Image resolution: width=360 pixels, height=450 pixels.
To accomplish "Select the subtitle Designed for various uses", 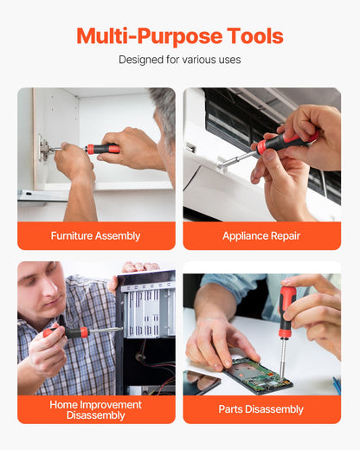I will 179,61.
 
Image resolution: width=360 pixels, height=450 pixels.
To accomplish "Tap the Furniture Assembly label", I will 95,235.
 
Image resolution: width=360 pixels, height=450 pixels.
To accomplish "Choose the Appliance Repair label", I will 261,235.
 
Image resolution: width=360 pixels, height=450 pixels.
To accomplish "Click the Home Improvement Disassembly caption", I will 95,409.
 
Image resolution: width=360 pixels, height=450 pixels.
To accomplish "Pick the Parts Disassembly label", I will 261,409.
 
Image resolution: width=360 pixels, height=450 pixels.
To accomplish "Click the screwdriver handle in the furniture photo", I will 103,149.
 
